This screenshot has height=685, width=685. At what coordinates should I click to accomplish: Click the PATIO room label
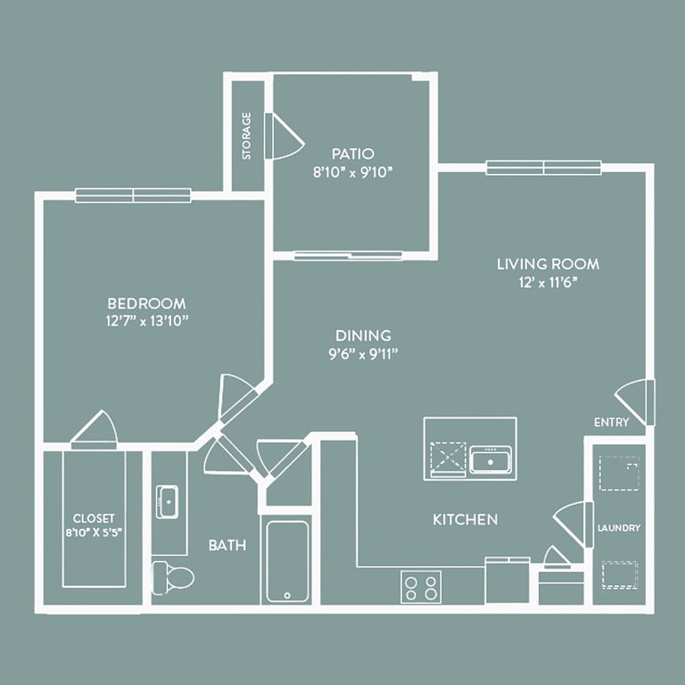(x=353, y=153)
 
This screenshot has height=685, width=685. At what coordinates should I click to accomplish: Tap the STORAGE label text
(x=247, y=136)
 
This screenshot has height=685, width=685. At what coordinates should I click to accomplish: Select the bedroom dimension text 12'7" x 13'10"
(x=147, y=321)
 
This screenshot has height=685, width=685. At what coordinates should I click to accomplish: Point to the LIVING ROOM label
(x=548, y=264)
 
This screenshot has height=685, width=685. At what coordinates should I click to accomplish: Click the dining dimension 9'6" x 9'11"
(x=363, y=354)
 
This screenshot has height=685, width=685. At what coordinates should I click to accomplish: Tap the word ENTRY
(x=612, y=422)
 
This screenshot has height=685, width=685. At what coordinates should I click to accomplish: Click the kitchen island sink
(x=491, y=459)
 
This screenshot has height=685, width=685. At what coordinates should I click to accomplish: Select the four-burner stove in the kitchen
(x=421, y=587)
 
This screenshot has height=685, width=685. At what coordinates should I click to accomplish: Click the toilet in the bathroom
(x=173, y=578)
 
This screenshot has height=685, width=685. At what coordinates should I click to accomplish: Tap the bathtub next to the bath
(x=287, y=561)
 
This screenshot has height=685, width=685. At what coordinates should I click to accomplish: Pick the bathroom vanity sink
(x=168, y=501)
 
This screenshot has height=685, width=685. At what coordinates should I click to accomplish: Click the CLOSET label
(x=94, y=518)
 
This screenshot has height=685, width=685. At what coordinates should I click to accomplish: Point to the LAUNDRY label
(x=619, y=528)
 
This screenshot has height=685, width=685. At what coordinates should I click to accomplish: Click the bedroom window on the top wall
(x=133, y=195)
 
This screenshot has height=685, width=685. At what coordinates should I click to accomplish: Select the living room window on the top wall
(x=543, y=168)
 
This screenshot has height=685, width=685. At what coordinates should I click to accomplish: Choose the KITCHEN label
(x=466, y=519)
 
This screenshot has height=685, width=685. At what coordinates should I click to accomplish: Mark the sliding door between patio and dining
(x=348, y=255)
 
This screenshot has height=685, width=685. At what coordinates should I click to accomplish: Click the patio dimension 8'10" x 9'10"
(x=353, y=172)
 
